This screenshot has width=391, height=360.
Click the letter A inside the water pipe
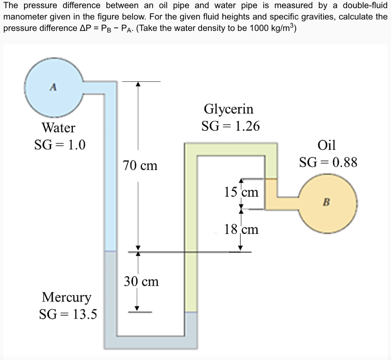point(54,87)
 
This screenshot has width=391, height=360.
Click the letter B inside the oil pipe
point(327,202)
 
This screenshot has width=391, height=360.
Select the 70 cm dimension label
point(140,166)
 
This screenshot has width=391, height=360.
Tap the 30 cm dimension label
point(141,282)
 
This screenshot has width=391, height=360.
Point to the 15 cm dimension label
point(241,192)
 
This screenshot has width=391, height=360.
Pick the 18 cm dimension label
point(241,229)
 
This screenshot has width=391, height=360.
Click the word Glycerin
point(229,109)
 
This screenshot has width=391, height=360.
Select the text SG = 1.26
point(231,126)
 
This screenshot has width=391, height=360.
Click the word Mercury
point(67,297)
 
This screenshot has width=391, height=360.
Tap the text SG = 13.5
point(68,314)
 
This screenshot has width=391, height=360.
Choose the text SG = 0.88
point(328,162)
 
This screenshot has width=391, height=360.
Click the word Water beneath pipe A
point(58,128)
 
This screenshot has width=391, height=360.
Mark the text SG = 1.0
point(60,145)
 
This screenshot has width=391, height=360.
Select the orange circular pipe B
point(328,210)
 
